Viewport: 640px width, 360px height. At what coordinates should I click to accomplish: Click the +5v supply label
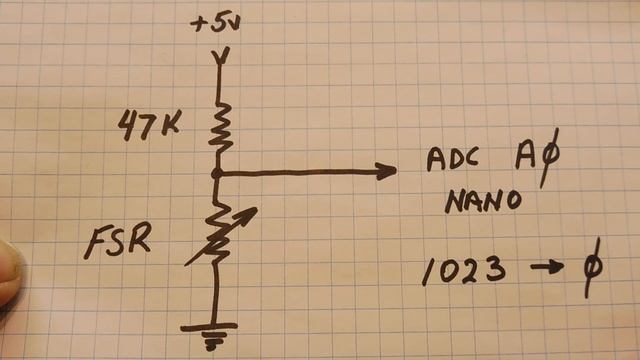point(217,22)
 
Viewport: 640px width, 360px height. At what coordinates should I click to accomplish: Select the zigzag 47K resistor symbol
point(217,124)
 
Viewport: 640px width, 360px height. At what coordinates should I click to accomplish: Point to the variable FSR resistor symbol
point(218,236)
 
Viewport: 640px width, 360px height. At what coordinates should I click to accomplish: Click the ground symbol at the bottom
point(211,333)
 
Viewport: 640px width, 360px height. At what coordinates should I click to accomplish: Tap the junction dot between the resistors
point(216,172)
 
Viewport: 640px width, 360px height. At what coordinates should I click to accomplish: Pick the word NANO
point(484,201)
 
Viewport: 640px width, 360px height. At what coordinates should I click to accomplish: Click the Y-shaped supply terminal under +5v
point(217,56)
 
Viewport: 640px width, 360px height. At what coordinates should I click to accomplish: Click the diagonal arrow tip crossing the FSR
point(250,212)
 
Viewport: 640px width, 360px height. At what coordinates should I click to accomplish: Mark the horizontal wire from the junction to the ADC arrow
point(300,172)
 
